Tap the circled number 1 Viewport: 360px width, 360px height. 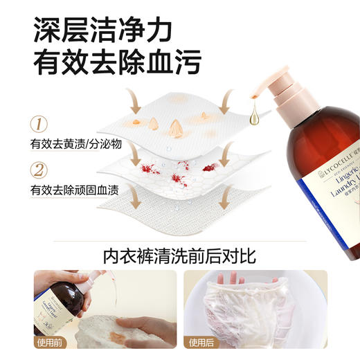(x=41, y=125)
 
